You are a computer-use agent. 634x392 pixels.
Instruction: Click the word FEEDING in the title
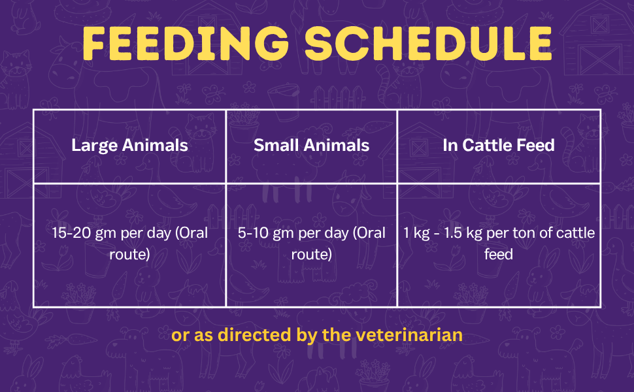point(186,43)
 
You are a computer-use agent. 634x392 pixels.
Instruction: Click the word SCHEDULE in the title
point(428,43)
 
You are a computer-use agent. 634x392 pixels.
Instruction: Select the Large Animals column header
point(129,145)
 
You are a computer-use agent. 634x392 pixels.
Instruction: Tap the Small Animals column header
point(311,145)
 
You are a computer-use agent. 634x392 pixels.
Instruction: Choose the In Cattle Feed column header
point(499,145)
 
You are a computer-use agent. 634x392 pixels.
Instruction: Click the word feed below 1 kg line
point(499,253)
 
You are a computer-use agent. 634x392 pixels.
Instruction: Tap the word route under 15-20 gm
point(129,253)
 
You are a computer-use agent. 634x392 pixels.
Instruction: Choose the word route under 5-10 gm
point(311,253)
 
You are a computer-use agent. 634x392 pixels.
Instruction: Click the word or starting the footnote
point(179,336)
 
